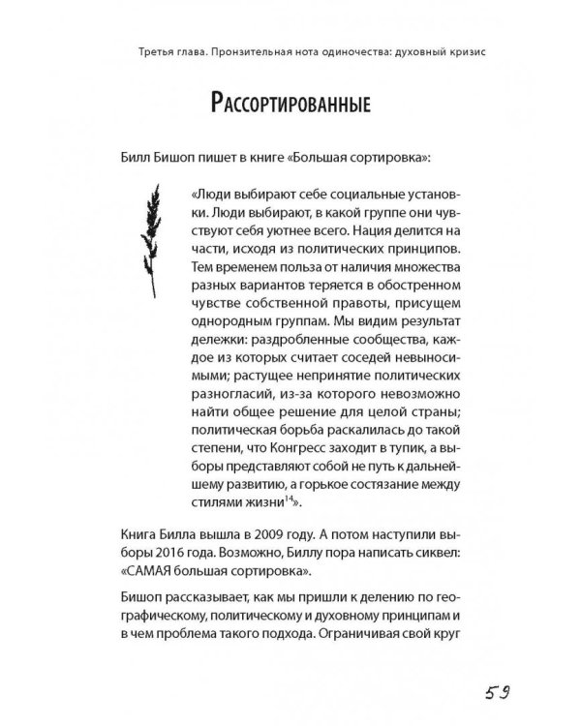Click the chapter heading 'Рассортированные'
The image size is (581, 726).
coord(290,105)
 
